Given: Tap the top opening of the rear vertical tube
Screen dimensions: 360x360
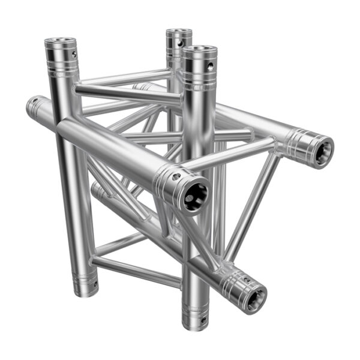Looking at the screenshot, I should click(179, 33).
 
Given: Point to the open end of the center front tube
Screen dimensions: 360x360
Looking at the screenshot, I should click(196, 196).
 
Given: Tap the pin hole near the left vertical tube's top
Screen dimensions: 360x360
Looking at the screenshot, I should click(73, 55).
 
